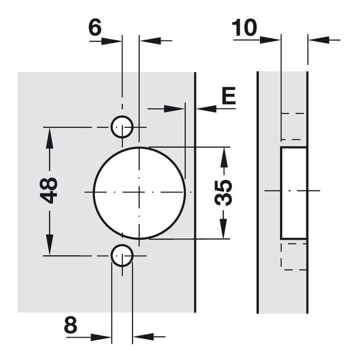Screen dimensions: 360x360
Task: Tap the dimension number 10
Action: point(244,27)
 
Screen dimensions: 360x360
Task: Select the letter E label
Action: point(229,95)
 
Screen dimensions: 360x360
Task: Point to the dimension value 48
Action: point(49,190)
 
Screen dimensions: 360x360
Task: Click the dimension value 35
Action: point(223,193)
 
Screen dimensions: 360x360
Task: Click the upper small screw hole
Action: point(122,127)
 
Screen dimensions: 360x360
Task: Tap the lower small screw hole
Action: point(122,255)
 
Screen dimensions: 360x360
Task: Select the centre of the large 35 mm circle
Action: point(139,192)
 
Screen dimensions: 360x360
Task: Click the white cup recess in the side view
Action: point(294,193)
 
